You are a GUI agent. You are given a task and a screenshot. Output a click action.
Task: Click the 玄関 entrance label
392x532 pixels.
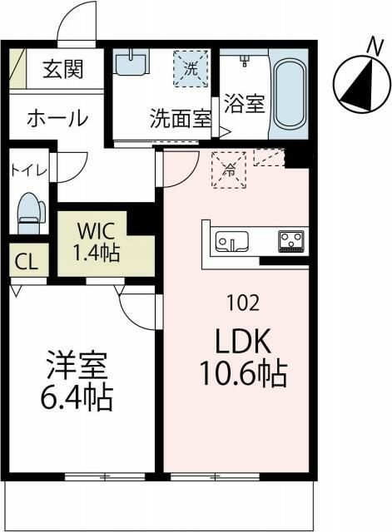pyautogui.click(x=63, y=70)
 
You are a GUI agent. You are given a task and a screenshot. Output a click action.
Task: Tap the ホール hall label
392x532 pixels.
pyautogui.click(x=57, y=119)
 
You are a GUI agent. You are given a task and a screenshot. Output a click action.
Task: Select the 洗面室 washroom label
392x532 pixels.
pyautogui.click(x=180, y=119)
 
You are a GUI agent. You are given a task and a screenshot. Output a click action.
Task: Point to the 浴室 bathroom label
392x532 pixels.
pyautogui.click(x=245, y=105)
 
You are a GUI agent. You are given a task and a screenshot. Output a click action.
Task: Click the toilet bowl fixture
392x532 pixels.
pyautogui.click(x=29, y=213)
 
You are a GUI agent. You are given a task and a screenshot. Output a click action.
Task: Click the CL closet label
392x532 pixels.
pyautogui.click(x=26, y=263)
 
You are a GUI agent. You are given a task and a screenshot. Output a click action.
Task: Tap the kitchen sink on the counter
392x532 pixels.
pyautogui.click(x=232, y=242)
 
